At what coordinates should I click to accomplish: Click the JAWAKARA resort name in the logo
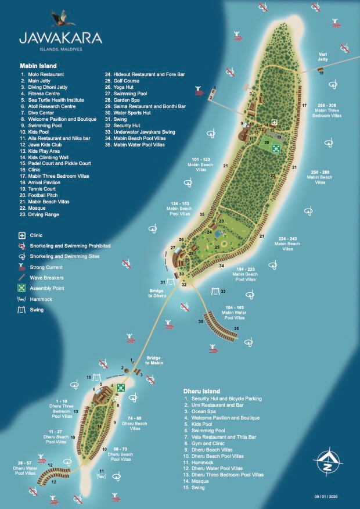[x=60, y=39]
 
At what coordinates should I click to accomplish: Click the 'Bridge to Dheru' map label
[x=157, y=293]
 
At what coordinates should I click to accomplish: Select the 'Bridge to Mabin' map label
[x=155, y=360]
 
